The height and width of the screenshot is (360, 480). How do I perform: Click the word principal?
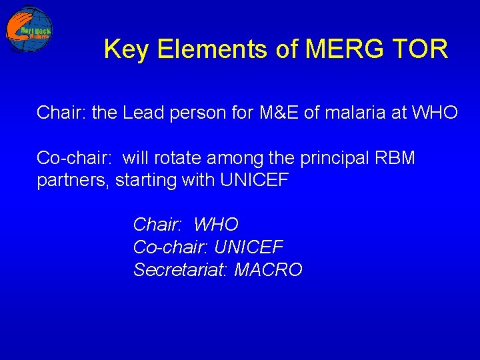tap(331, 159)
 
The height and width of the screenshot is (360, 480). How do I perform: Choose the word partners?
tap(73, 181)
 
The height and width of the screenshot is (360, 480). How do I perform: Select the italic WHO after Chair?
tap(215, 225)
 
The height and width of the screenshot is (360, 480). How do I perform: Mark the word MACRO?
tap(268, 270)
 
